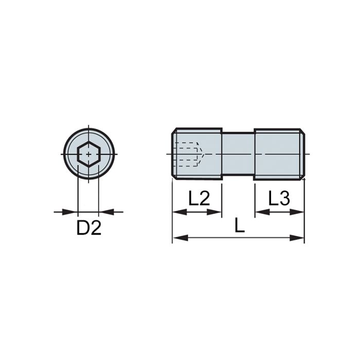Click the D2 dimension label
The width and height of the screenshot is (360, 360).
pyautogui.click(x=89, y=228)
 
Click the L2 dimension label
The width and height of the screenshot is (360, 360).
pyautogui.click(x=199, y=199)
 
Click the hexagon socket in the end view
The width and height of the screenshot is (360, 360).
pyautogui.click(x=88, y=154)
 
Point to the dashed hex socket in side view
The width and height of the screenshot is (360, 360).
pyautogui.click(x=188, y=154)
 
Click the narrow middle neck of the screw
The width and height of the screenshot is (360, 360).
pyautogui.click(x=238, y=154)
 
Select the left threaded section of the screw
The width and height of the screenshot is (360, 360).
pyautogui.click(x=197, y=154)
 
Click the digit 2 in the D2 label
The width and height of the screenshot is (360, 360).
pyautogui.click(x=96, y=228)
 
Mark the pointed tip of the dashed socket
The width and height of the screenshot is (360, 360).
pyautogui.click(x=204, y=154)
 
